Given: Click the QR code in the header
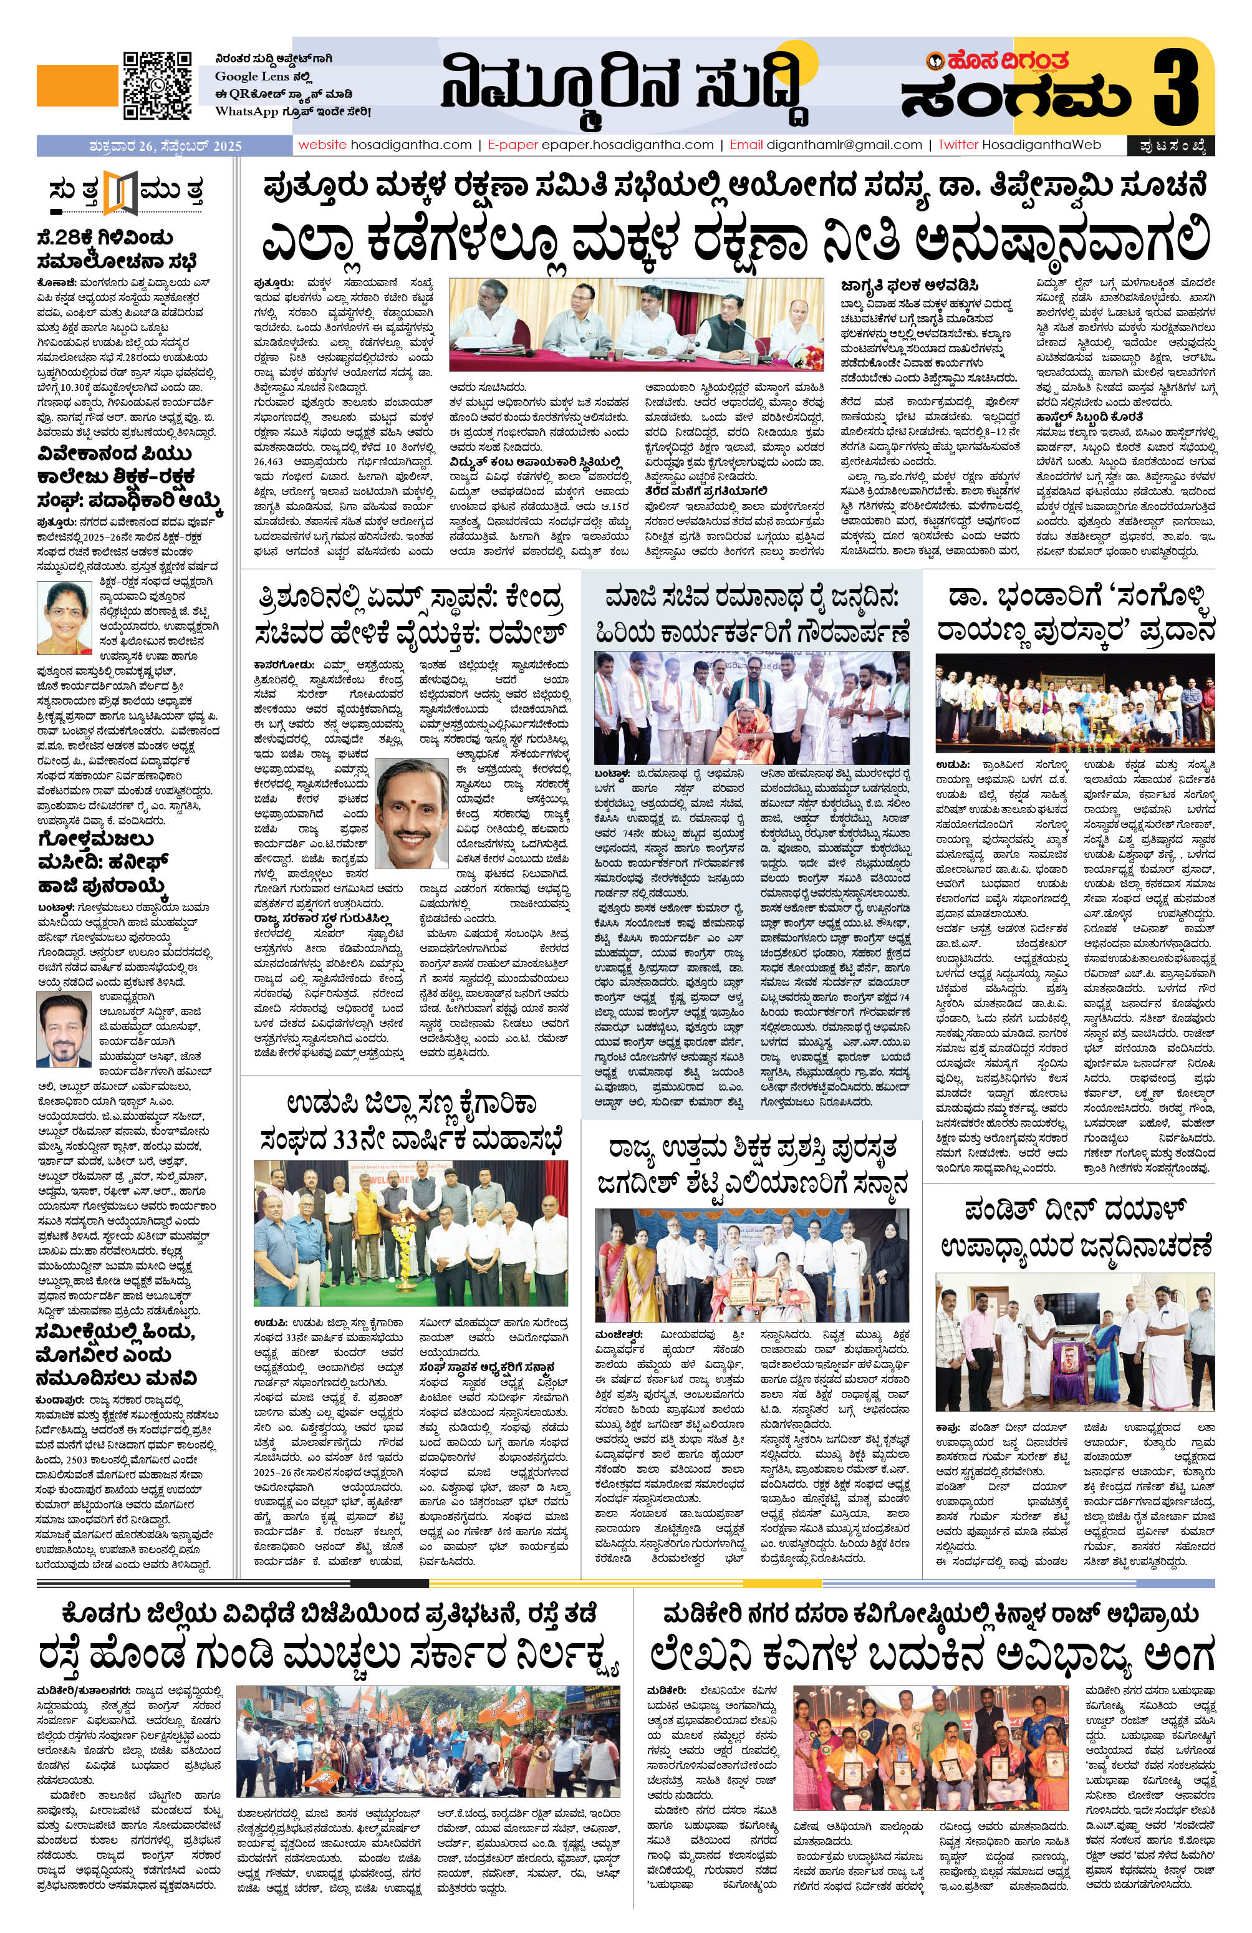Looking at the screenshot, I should point(156,85).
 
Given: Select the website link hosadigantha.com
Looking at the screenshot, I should point(410,145).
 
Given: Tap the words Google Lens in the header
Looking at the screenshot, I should point(244,76).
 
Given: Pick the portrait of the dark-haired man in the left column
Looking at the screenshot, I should point(64,1030).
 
